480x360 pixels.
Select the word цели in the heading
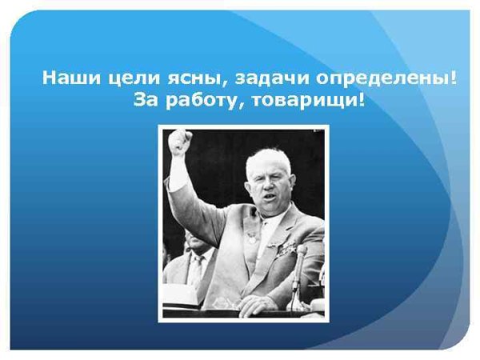[124, 80]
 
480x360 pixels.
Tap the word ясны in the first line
[182, 80]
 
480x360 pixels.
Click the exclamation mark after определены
[456, 80]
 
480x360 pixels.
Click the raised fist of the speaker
[179, 142]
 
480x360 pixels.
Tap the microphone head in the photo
[302, 252]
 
